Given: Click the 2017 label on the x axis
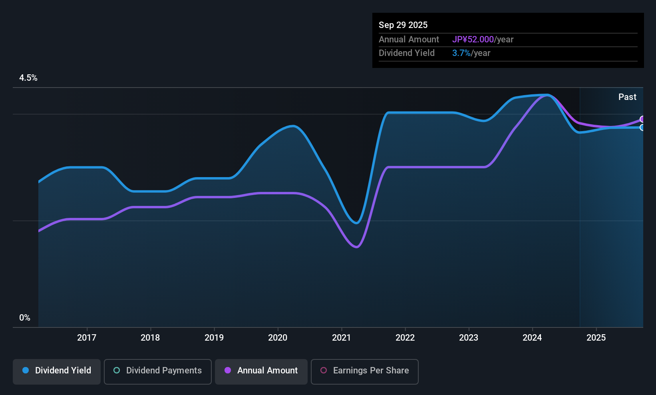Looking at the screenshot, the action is click(87, 337).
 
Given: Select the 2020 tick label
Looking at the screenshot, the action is click(278, 337).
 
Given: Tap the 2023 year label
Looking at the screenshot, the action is click(469, 337).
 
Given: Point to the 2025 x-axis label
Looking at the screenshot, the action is click(596, 337).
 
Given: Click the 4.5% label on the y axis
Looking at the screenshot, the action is click(28, 78).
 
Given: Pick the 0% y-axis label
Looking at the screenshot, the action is click(25, 318).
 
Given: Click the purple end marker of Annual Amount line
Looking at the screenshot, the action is click(642, 119).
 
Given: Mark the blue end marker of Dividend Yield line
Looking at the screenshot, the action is click(642, 128).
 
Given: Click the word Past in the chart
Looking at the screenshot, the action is click(627, 97).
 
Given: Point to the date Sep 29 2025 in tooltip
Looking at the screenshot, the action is click(403, 25).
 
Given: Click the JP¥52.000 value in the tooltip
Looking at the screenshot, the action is click(473, 39).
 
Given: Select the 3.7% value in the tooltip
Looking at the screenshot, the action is click(461, 53).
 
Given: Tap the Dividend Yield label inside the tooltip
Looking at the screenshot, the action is click(406, 53).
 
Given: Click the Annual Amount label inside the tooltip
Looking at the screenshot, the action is click(409, 39).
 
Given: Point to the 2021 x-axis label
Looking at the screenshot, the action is click(342, 337).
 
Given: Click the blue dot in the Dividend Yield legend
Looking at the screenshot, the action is click(26, 370).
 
